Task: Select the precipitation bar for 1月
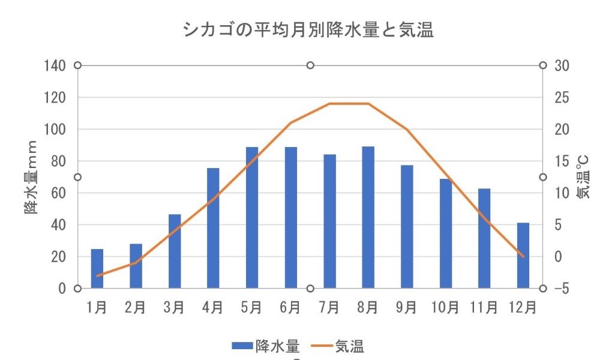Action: pyautogui.click(x=97, y=268)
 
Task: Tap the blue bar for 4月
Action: pyautogui.click(x=213, y=228)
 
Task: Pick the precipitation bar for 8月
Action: pyautogui.click(x=368, y=217)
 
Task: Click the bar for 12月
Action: pyautogui.click(x=523, y=255)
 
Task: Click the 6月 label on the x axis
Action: pyautogui.click(x=290, y=308)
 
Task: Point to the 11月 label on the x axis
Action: pyautogui.click(x=483, y=308)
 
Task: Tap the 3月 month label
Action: pyautogui.click(x=174, y=308)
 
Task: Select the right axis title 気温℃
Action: pyautogui.click(x=583, y=177)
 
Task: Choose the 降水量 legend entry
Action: pyautogui.click(x=267, y=346)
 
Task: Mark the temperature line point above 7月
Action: pyautogui.click(x=329, y=104)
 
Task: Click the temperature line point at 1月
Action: pyautogui.click(x=97, y=275)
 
